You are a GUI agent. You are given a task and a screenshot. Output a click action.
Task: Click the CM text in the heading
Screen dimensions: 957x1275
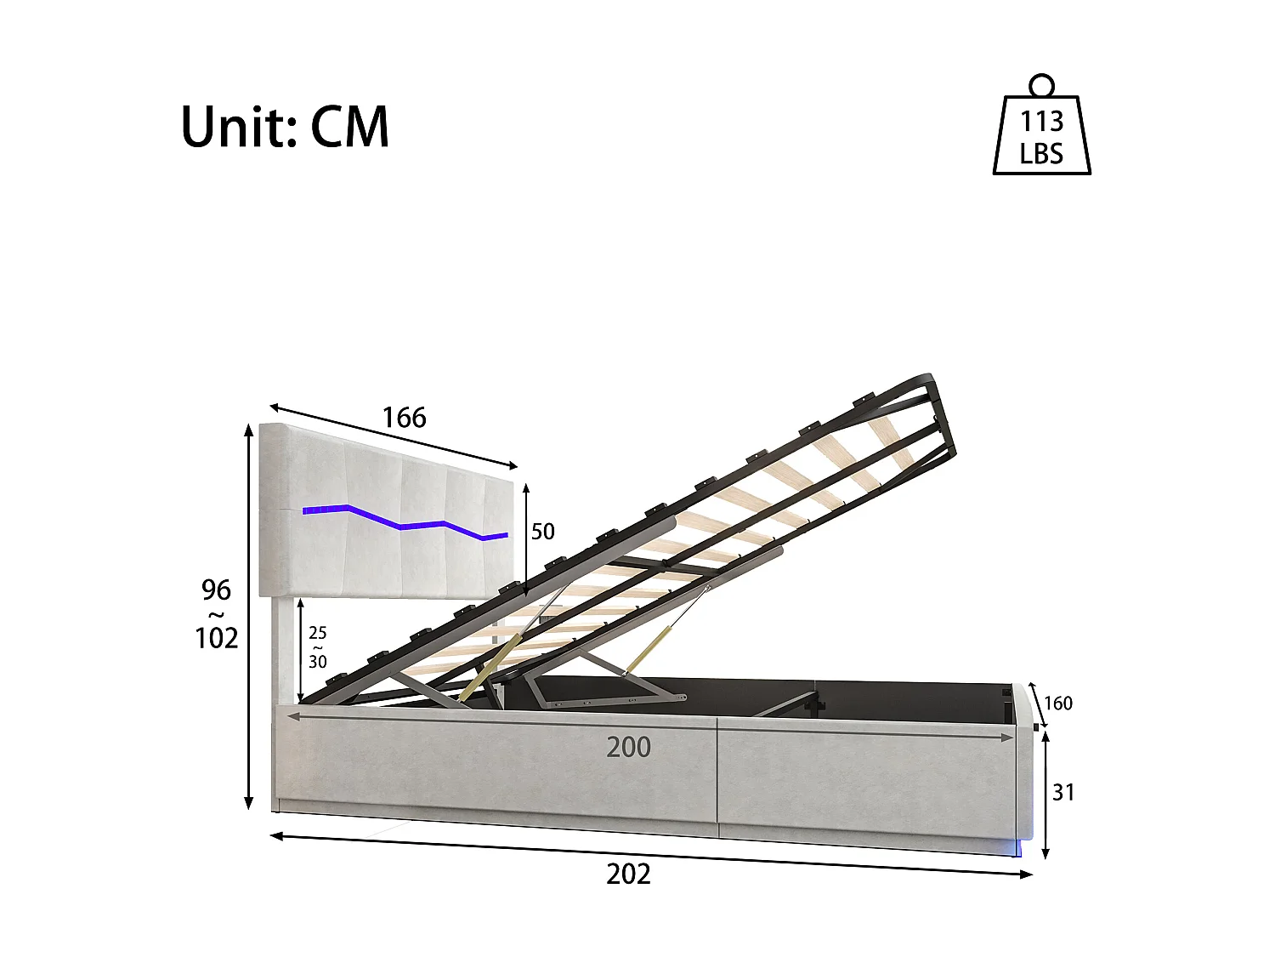coord(349,127)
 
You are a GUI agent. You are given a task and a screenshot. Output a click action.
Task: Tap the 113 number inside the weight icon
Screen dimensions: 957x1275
coord(1041,122)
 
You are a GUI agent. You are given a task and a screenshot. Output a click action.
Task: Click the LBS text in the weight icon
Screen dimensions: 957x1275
coord(1041,154)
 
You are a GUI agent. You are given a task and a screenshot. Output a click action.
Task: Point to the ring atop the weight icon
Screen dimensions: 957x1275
coord(1041,85)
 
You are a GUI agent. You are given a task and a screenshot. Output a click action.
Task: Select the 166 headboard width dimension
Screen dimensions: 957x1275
coord(404,418)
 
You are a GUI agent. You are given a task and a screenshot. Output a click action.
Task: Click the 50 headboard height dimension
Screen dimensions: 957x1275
coord(542,532)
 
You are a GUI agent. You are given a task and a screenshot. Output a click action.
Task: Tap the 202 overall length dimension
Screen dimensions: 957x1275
coord(628,874)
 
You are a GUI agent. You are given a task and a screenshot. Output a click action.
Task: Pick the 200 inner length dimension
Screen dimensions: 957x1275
coord(628,747)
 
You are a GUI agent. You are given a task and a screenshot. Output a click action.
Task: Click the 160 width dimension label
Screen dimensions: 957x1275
coord(1057,704)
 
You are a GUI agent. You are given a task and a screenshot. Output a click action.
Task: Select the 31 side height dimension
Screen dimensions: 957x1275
coord(1063,792)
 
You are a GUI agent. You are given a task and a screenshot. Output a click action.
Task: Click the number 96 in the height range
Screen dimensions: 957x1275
coord(216,590)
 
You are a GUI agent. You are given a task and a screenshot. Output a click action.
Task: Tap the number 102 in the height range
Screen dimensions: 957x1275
coord(216,638)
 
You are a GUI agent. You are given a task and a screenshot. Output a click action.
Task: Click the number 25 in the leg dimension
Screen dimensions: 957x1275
coord(317,633)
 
